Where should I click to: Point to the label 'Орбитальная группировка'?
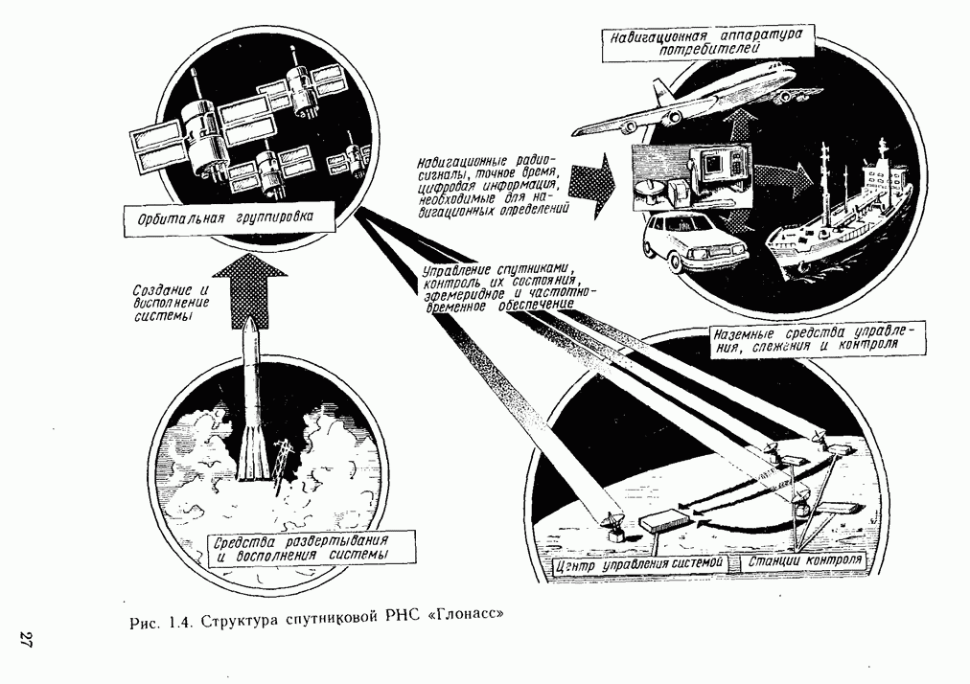pyautogui.click(x=229, y=218)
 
